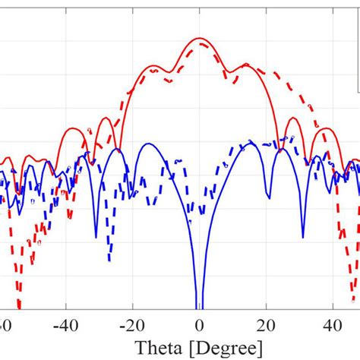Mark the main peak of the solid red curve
pyautogui.click(x=199, y=38)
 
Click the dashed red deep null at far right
pyautogui.click(x=353, y=304)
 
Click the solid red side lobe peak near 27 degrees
pyautogui.click(x=289, y=118)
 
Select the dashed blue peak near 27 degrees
pyautogui.click(x=289, y=138)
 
